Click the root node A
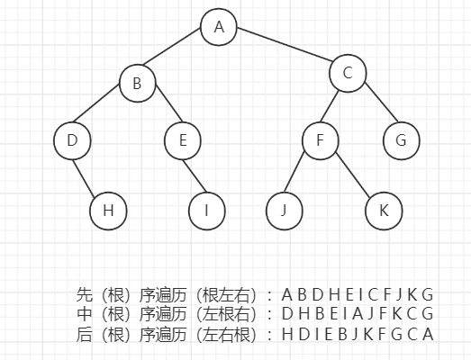(x=219, y=27)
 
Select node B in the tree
(x=138, y=83)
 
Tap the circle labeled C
(x=348, y=73)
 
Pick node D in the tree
(x=72, y=140)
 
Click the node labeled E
(x=183, y=140)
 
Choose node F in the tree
(x=321, y=140)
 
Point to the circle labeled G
(x=402, y=140)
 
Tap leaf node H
(x=108, y=211)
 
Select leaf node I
(x=206, y=211)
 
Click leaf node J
(x=285, y=211)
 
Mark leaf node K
(x=384, y=211)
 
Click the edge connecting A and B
(x=172, y=47)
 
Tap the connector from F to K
(x=352, y=175)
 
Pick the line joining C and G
(x=381, y=102)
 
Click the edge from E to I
(x=195, y=175)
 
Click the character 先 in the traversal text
(x=84, y=295)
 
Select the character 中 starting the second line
(x=84, y=314)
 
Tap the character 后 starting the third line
(x=84, y=334)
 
